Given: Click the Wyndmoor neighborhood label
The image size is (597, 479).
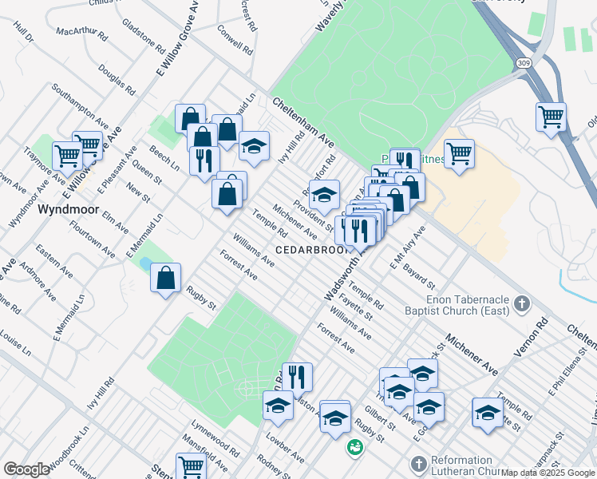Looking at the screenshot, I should pos(69,209).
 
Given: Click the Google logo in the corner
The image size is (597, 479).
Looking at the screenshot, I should pos(26,469).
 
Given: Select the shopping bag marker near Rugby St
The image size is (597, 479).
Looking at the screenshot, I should pos(165,279).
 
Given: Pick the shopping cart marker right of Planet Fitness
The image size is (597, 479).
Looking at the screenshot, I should pos(459,153).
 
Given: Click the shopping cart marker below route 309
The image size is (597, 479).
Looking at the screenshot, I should pos(551,117).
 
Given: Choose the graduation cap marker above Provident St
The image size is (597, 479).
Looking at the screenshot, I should pos(324,195).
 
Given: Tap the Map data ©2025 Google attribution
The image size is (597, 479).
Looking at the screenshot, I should pos(548,473).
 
